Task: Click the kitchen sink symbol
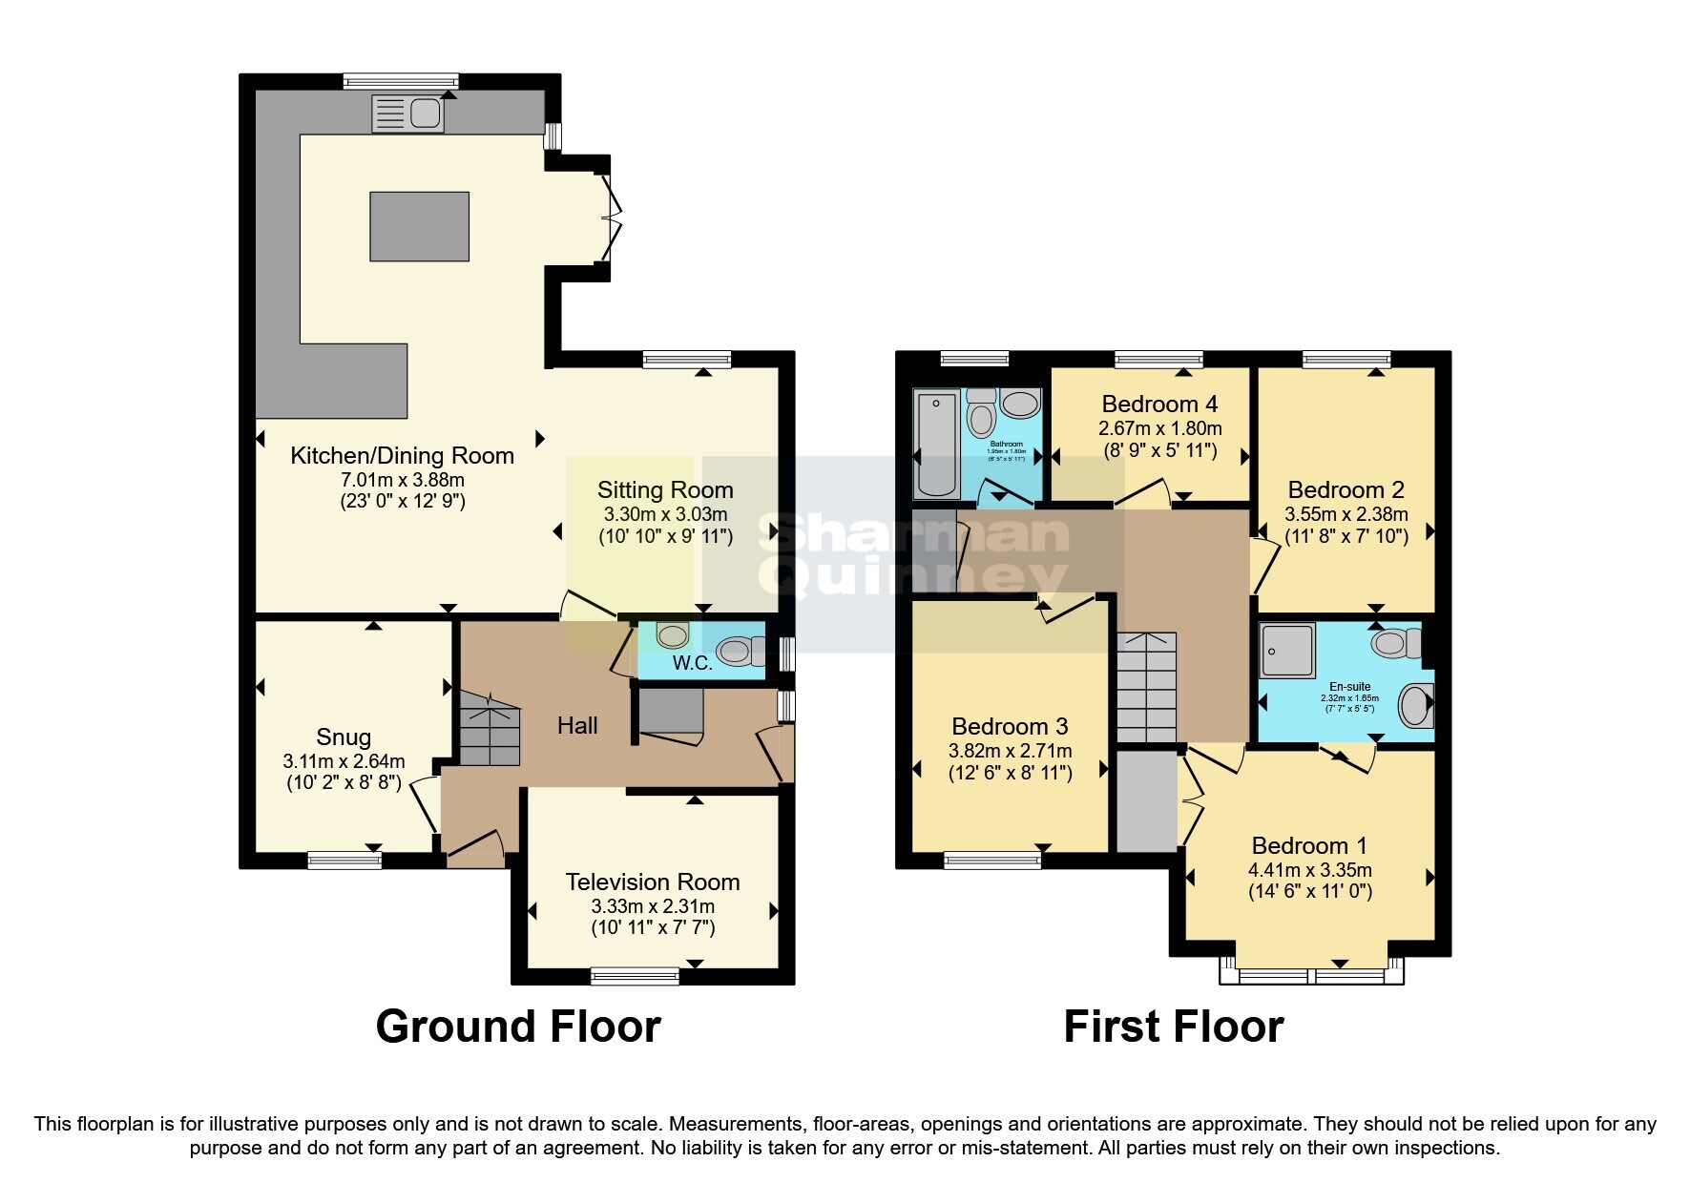coord(407,114)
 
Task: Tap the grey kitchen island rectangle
coord(419,226)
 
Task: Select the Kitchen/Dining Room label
coord(402,456)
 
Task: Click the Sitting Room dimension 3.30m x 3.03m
coord(665,513)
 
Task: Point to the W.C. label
coord(692,663)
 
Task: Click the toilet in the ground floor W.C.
coord(740,652)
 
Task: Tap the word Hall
coord(577,726)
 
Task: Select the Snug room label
coord(344,737)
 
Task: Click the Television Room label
coord(652,882)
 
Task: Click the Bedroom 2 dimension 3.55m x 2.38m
coord(1346,513)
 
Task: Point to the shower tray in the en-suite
coord(1287,650)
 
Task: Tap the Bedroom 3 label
coord(1010,727)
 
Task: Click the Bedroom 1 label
coord(1309,846)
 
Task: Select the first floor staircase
coord(1147,687)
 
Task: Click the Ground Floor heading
coord(518,1027)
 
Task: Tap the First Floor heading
coord(1173,1027)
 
